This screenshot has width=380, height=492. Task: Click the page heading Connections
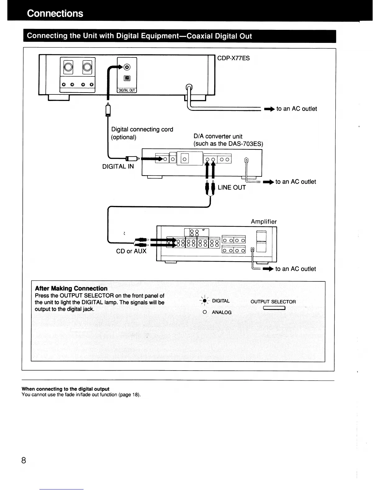pos(55,13)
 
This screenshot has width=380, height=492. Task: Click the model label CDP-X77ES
pos(233,58)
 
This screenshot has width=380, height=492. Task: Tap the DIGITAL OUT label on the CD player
pos(127,90)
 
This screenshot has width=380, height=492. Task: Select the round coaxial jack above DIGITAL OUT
pos(127,67)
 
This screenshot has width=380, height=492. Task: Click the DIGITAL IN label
pos(118,166)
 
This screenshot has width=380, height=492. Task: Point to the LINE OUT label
pos(232,188)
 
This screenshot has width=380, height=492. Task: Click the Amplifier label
pos(264,221)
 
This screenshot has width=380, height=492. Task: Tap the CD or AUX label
pos(131,251)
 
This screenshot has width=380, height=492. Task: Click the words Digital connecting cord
pos(142,129)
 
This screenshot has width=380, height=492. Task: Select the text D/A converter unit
pos(218,136)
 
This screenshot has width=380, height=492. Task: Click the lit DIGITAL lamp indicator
pos(205,301)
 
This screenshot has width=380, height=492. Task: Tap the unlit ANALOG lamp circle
pos(205,312)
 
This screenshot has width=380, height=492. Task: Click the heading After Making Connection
pos(71,288)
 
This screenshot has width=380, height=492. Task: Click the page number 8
pos(24,460)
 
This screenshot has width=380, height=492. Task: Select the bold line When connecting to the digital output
pos(66,389)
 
